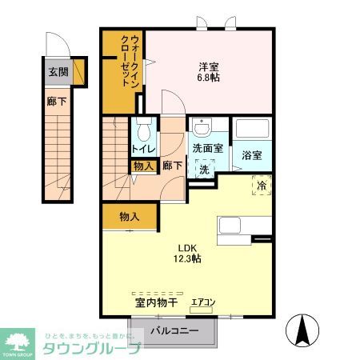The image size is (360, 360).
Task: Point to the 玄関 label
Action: point(58,72)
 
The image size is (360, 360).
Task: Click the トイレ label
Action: point(143,149)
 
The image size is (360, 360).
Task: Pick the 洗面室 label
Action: point(207,150)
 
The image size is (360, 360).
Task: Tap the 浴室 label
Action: point(252,155)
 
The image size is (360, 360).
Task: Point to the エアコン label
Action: point(203,303)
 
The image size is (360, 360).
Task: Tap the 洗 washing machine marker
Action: point(203,170)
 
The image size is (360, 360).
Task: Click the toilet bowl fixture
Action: point(144,130)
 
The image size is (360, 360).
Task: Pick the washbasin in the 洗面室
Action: point(202,128)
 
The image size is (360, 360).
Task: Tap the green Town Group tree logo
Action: point(18,339)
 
